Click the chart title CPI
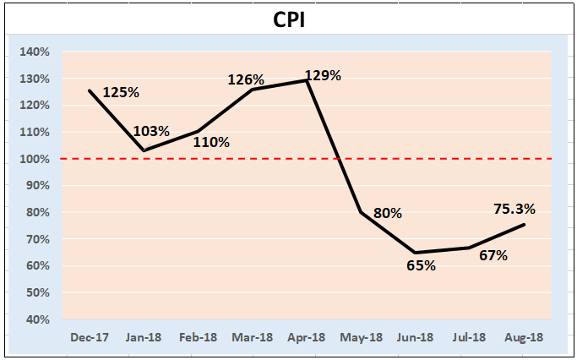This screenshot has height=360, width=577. click(x=288, y=19)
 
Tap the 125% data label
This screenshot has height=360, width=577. click(x=121, y=91)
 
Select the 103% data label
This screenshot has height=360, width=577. click(x=152, y=131)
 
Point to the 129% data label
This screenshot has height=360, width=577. click(x=324, y=75)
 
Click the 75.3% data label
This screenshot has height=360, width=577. click(x=514, y=210)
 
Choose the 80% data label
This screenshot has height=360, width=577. click(x=387, y=213)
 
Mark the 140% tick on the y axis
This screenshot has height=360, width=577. click(x=35, y=52)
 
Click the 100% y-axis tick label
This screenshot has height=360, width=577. click(x=35, y=159)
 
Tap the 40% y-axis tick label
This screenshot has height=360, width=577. click(x=37, y=319)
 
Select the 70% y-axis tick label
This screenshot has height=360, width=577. click(x=37, y=239)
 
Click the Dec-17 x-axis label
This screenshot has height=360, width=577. click(x=90, y=337)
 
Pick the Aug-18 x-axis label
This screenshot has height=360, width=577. click(x=525, y=337)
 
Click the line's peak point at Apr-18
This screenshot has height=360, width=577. click(x=308, y=80)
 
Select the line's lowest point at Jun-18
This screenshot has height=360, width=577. click(x=416, y=253)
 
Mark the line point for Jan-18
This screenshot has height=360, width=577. click(x=144, y=151)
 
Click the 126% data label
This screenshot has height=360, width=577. click(x=245, y=79)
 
